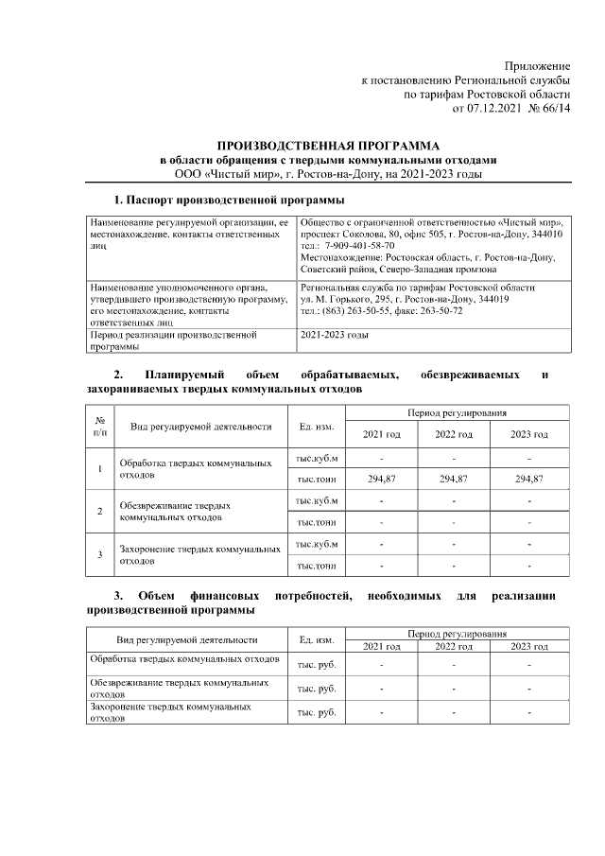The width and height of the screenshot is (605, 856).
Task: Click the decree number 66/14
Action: [556, 109]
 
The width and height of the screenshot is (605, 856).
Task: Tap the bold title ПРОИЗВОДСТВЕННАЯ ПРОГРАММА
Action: [328, 146]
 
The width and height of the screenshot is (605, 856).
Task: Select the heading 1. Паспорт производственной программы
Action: [228, 201]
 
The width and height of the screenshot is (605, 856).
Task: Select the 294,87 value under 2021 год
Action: [381, 480]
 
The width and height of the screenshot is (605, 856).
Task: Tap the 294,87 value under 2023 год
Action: [529, 480]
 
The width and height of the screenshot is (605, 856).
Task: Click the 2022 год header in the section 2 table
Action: [455, 434]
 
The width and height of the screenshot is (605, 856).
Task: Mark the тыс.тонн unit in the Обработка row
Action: [317, 480]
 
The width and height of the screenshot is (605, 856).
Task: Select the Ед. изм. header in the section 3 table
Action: [317, 640]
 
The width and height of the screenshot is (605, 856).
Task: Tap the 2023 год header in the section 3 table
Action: [529, 646]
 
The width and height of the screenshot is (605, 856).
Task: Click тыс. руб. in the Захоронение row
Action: [317, 714]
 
